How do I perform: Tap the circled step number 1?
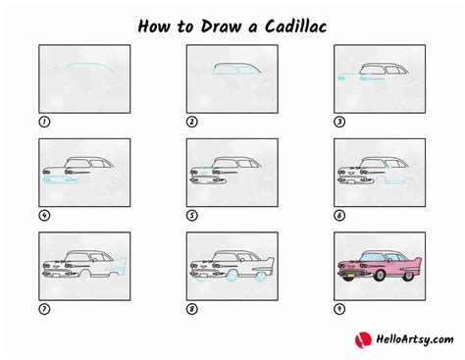[x=44, y=122]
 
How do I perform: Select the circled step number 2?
[x=192, y=122]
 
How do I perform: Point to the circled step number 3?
[x=340, y=122]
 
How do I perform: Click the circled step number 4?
[x=44, y=215]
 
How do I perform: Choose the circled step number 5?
[x=192, y=215]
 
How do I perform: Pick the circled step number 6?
[x=340, y=215]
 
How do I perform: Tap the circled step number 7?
[x=44, y=308]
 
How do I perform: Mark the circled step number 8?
[x=192, y=308]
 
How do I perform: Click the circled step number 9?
[x=340, y=308]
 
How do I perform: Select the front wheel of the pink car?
[x=360, y=279]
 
